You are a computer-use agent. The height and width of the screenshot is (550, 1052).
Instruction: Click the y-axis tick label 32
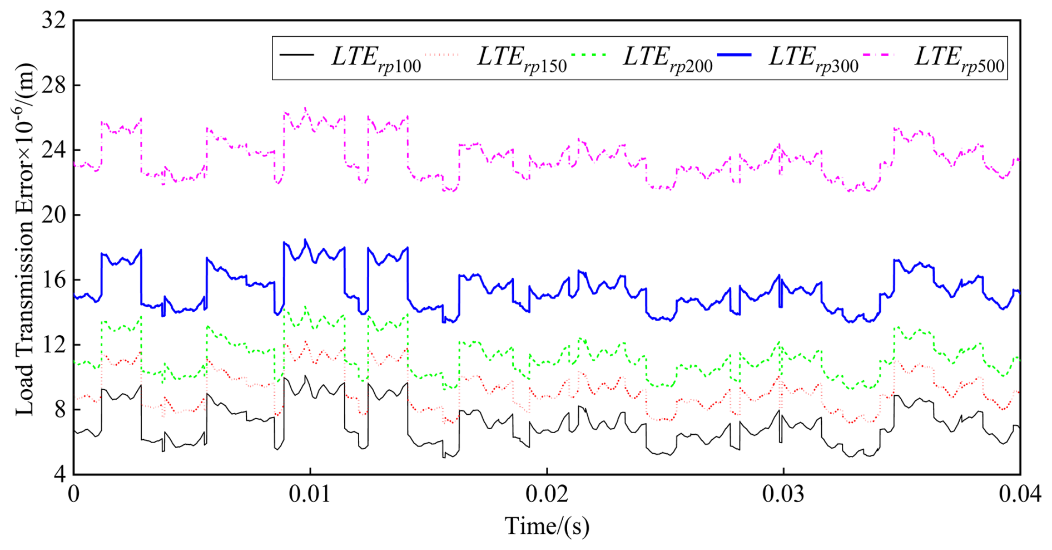coord(53,21)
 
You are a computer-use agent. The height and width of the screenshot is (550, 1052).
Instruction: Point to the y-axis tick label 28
coord(53,86)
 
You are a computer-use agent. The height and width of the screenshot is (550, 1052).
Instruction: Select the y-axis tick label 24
coord(53,150)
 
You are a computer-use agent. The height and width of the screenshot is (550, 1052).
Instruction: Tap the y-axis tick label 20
coord(53,215)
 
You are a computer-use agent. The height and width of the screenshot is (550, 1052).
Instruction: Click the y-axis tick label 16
coord(53,279)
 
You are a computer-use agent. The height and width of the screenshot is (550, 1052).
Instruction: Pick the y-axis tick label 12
coord(53,345)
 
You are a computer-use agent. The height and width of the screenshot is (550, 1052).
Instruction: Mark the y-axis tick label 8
coord(58,409)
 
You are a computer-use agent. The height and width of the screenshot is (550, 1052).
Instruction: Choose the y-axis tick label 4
coord(58,474)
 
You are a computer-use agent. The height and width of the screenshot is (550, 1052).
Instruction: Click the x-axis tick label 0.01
coord(310,494)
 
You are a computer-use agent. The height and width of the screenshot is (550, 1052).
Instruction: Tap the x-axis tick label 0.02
coord(547,494)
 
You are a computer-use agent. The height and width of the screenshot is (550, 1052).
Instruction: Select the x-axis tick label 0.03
coord(783,494)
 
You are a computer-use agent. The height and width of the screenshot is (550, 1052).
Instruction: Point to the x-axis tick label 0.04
coord(1019,494)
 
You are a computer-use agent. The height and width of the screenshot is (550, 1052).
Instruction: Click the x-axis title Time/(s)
coord(547,526)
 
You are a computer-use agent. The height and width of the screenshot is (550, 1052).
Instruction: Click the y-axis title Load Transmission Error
coord(24,239)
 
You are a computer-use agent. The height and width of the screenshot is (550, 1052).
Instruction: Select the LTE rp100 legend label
coord(376,59)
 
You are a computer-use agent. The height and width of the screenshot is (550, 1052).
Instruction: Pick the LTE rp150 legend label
coord(522,59)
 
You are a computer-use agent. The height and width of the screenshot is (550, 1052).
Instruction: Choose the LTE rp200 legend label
coord(667,59)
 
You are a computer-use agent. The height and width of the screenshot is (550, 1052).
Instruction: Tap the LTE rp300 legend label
coord(813,59)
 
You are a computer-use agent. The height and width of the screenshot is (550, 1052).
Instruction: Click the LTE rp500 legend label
coord(959,59)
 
